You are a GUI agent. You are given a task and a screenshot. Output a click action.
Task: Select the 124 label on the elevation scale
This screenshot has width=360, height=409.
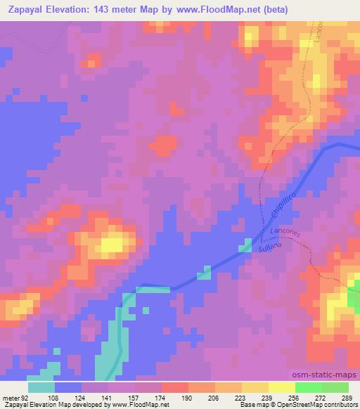click(x=82, y=397)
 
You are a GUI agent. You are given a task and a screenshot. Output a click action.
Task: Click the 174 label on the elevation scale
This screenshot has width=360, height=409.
click(x=161, y=397)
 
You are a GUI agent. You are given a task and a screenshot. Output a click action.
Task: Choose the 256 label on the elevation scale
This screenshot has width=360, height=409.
click(x=294, y=397)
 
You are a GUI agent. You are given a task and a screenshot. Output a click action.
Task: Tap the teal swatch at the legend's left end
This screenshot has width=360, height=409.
click(x=41, y=387)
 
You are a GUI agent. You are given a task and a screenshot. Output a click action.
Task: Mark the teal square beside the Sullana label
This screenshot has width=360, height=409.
click(x=247, y=245)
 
